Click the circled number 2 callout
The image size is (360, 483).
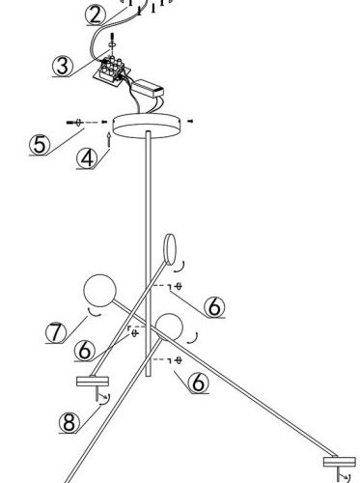tap(96, 14)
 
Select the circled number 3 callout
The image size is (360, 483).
tap(63, 66)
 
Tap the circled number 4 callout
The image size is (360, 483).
tap(87, 158)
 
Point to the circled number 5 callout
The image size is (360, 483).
tap(40, 145)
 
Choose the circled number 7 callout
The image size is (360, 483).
tap(56, 332)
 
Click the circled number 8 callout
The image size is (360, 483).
tap(69, 422)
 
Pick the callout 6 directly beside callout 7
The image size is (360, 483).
tap(84, 350)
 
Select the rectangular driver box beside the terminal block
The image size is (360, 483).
tap(148, 88)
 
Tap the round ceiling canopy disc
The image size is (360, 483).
tap(147, 126)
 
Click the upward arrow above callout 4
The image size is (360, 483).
tap(109, 140)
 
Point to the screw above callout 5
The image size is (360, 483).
tap(74, 123)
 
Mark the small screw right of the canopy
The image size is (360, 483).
tap(190, 121)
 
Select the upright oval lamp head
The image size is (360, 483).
tap(170, 249)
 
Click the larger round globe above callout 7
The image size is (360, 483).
tap(99, 291)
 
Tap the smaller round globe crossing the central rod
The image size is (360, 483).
tap(169, 327)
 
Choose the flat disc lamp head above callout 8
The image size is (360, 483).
tap(93, 382)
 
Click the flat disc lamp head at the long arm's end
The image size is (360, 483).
tap(340, 462)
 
